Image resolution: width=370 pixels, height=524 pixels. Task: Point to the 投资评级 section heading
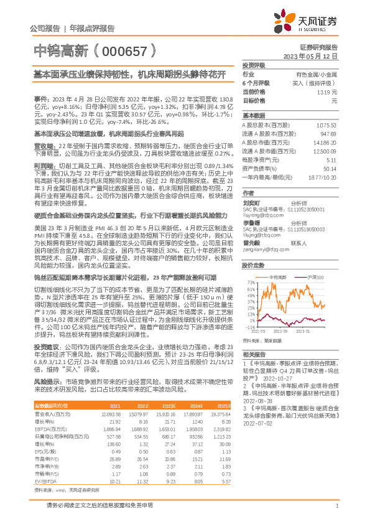pos(254,65)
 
